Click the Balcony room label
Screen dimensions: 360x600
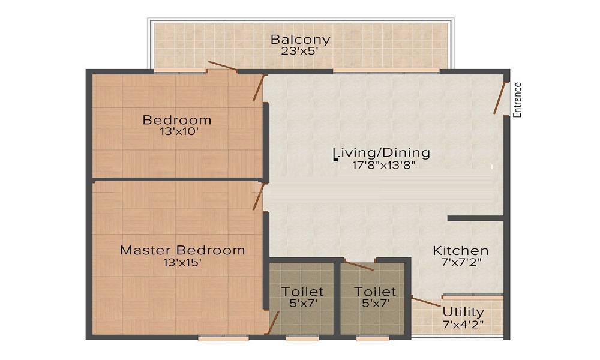pyautogui.click(x=300, y=40)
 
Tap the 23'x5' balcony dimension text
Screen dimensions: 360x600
pyautogui.click(x=299, y=51)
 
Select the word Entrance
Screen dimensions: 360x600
pyautogui.click(x=518, y=100)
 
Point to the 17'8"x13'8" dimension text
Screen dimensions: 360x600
pyautogui.click(x=384, y=165)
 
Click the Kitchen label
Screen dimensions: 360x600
pyautogui.click(x=461, y=250)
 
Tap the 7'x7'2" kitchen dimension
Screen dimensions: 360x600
pyautogui.click(x=461, y=262)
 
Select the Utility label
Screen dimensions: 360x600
pyautogui.click(x=463, y=312)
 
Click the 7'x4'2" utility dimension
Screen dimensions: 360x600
pyautogui.click(x=463, y=325)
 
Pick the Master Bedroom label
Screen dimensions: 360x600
pyautogui.click(x=182, y=250)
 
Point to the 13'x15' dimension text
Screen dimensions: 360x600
pyautogui.click(x=182, y=262)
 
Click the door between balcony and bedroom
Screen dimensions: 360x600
pyautogui.click(x=222, y=66)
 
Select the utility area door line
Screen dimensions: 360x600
pyautogui.click(x=426, y=301)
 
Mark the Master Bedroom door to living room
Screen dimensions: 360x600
pyautogui.click(x=258, y=197)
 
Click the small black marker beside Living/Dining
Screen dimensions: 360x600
pyautogui.click(x=335, y=160)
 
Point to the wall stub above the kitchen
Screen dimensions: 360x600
pyautogui.click(x=475, y=218)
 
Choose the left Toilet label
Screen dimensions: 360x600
pyautogui.click(x=302, y=292)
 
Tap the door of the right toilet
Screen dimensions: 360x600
pyautogui.click(x=359, y=266)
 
